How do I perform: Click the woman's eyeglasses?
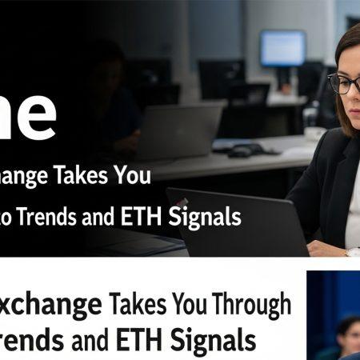point(343,83)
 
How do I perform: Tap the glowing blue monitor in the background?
point(282,48)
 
